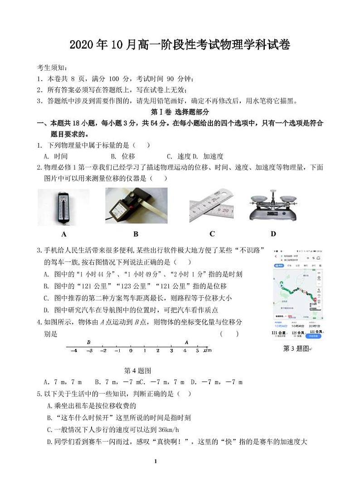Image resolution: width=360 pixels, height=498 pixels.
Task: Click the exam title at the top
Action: [180, 45]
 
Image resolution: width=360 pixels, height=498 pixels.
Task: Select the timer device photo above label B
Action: [136, 206]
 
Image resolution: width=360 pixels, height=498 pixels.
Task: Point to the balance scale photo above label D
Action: [273, 206]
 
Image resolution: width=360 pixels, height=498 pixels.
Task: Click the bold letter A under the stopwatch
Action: [64, 234]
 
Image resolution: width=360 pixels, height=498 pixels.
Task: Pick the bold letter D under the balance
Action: [273, 234]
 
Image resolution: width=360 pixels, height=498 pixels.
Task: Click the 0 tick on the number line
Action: [131, 351]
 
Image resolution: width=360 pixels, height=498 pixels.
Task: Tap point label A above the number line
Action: [186, 343]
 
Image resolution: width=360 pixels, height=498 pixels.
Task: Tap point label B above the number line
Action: [89, 343]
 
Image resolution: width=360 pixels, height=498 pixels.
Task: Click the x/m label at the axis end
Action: [207, 351]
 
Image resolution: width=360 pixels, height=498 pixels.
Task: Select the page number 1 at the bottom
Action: [155, 461]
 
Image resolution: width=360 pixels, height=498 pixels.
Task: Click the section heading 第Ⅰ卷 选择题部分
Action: [180, 112]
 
